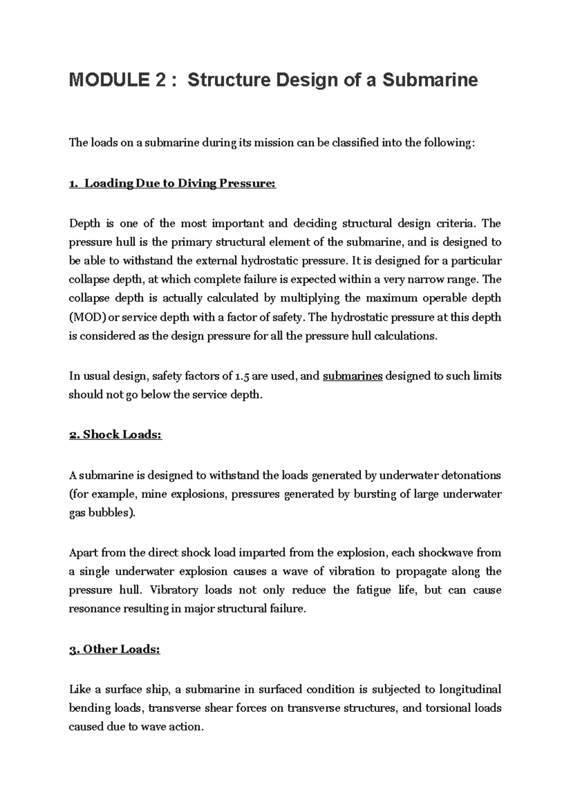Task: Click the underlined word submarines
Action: pos(353,376)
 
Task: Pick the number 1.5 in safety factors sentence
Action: pos(242,376)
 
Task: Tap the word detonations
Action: pos(472,475)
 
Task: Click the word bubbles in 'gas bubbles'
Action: pos(109,513)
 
